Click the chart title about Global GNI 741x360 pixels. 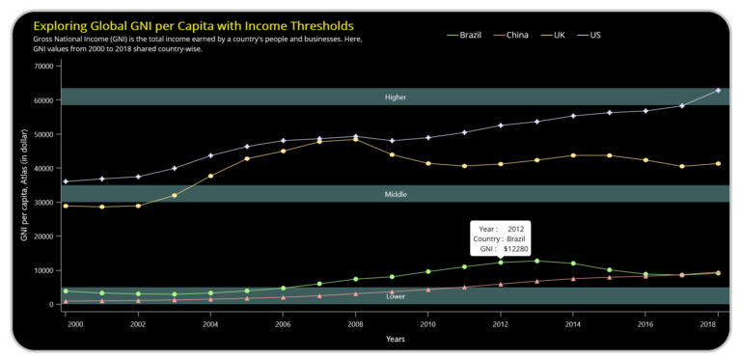(193, 25)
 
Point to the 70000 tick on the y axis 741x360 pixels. (42, 67)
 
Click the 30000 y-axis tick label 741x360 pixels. (42, 203)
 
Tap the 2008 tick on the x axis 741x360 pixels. (356, 325)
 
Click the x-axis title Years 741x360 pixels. (395, 340)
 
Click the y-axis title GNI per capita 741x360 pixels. (23, 184)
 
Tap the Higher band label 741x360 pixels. (396, 97)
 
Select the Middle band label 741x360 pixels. (396, 194)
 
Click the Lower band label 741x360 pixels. (396, 296)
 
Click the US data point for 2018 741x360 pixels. (718, 91)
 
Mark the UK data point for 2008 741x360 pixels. (356, 139)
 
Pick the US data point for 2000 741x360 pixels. (66, 181)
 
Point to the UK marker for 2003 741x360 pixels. (175, 195)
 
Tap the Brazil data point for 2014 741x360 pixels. (573, 263)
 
